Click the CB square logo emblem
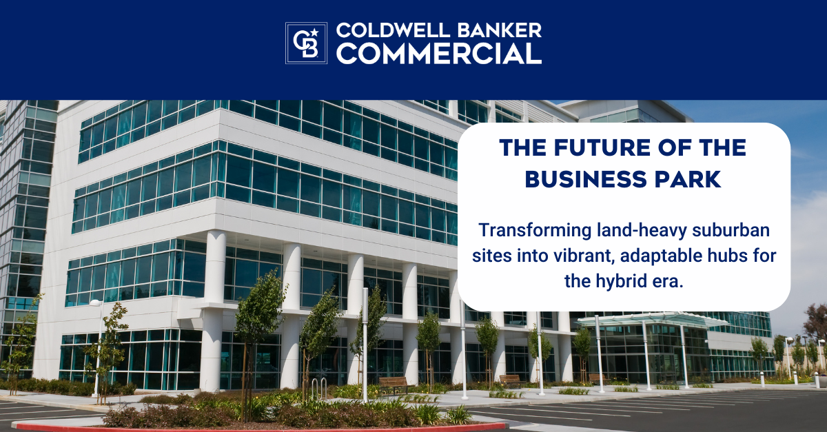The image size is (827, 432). click(x=306, y=43)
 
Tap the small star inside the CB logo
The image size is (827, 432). click(x=314, y=33)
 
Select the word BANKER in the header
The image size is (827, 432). click(x=498, y=30)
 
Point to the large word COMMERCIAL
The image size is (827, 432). click(x=438, y=53)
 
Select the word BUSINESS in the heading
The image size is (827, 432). click(x=585, y=179)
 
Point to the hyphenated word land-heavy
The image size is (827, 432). click(x=642, y=231)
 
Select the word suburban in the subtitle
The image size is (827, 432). click(x=731, y=230)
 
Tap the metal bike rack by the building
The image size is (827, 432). click(x=319, y=388)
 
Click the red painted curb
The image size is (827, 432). click(x=258, y=428)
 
